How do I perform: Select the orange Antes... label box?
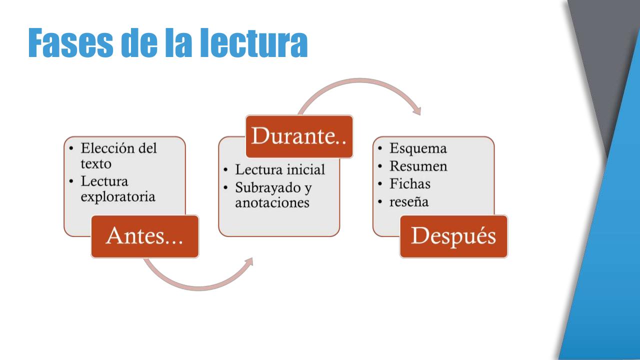145,236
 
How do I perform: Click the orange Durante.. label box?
299,136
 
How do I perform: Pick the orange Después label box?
453,236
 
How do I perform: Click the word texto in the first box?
96,163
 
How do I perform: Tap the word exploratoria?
118,197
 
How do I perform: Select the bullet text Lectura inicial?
280,170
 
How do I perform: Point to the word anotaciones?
272,203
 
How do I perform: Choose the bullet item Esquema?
418,148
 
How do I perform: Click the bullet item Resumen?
418,166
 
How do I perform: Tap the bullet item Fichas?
410,184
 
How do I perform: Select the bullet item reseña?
409,201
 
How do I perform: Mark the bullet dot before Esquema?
381,148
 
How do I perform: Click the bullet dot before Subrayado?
226,188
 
